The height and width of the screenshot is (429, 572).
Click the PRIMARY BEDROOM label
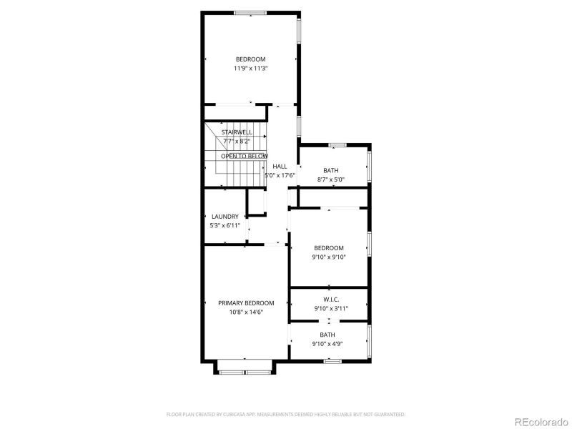pos(246,303)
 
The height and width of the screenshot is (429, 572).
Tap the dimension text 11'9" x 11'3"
pos(250,69)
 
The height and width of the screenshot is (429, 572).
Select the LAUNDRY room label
pos(225,217)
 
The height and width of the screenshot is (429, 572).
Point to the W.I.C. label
pos(330,300)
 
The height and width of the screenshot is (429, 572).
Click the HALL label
pos(280,166)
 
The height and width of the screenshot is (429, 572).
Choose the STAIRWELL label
pos(236,132)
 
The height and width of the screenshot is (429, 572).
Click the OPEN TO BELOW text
pos(245,156)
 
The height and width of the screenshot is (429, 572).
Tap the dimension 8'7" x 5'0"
pos(330,179)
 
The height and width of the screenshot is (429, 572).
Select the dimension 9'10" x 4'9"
pos(327,344)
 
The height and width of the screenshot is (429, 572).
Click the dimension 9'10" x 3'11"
pos(330,309)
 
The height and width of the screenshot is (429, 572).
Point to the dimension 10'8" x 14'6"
pos(246,312)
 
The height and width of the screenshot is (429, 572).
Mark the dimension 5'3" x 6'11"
pos(225,226)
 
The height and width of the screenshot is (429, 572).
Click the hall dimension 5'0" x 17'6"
pos(280,175)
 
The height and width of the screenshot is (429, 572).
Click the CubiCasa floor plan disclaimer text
pos(286,414)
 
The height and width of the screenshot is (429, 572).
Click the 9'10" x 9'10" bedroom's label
pos(329,248)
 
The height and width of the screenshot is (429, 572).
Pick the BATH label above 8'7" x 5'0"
pos(330,170)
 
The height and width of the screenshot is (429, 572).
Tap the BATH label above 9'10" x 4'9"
pos(327,335)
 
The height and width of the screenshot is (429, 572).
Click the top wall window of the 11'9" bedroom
pos(250,12)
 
